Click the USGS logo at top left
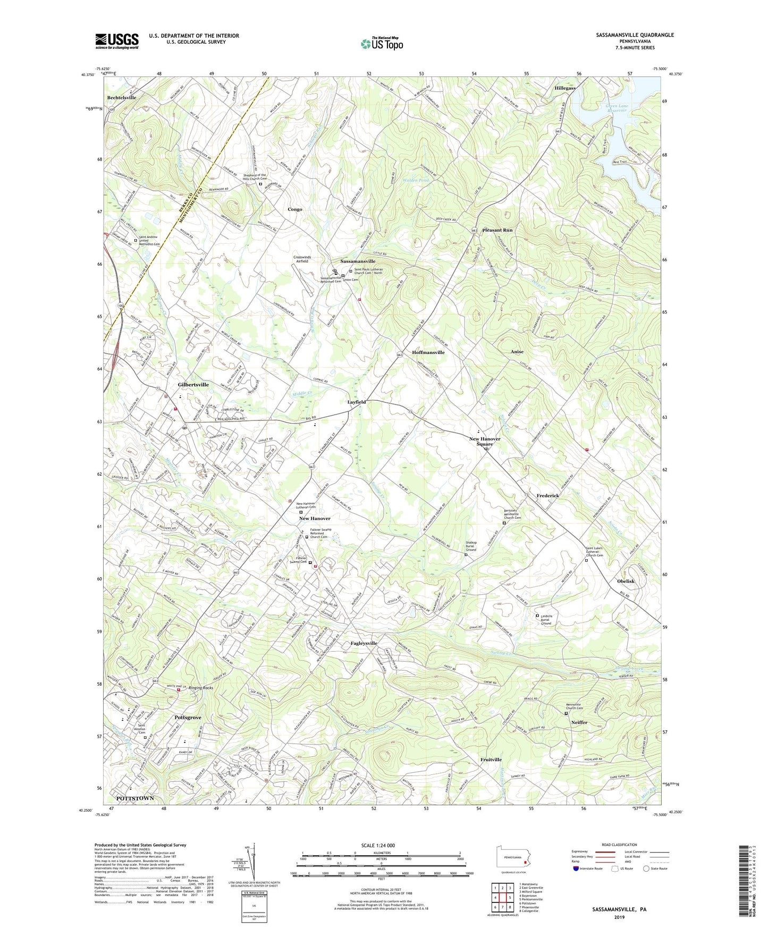pos(117,41)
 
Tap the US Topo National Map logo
pos(382,43)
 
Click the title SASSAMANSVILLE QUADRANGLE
pos(635,35)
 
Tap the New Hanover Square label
pos(484,441)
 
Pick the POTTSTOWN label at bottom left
pos(135,798)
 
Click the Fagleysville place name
pos(364,644)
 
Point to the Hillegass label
pos(565,88)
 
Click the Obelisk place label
pos(626,581)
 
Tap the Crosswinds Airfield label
pos(302,259)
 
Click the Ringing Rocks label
pos(200,688)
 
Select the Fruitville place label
pos(491,760)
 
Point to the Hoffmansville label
pos(428,352)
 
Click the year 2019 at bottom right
pos(619,917)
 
